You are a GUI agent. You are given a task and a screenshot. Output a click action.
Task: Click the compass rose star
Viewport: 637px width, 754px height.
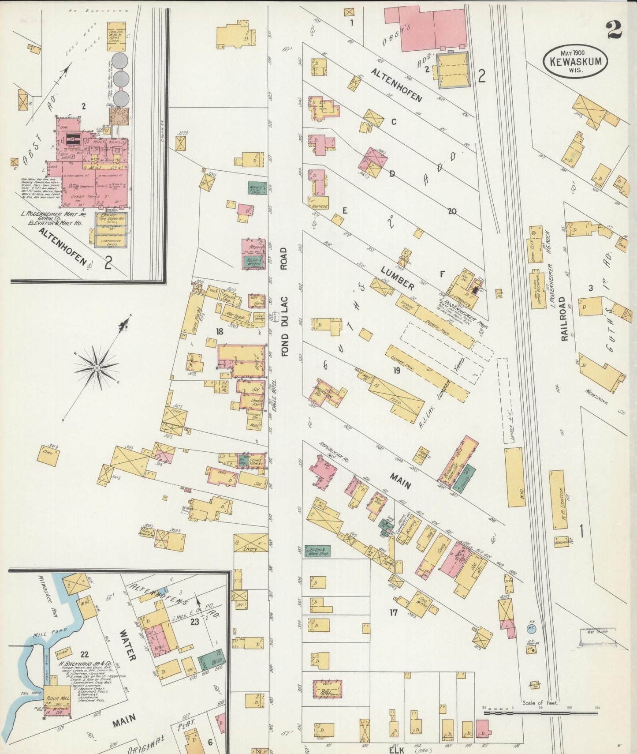tap(97, 367)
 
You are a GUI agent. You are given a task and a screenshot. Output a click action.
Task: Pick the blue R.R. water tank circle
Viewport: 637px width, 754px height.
tap(531, 627)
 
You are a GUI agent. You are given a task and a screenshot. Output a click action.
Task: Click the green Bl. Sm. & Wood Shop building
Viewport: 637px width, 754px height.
tap(317, 551)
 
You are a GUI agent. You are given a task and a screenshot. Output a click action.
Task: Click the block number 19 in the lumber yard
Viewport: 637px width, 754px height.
tap(397, 371)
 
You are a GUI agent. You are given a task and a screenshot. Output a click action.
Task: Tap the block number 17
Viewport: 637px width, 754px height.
tap(393, 612)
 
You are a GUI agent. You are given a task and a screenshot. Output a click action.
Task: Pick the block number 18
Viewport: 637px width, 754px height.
tap(219, 331)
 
